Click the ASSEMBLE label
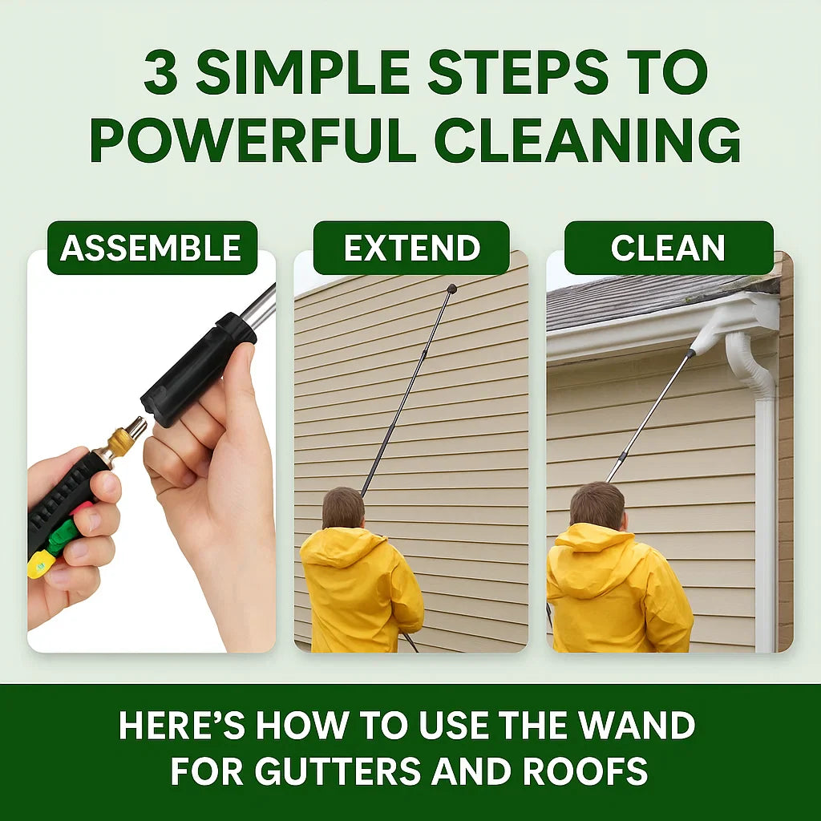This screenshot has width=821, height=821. pos(151,248)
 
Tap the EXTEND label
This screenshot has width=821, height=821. pos(411,248)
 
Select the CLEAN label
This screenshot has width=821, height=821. pos(668,248)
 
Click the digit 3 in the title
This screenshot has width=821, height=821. pos(160,74)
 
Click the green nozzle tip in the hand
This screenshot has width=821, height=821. pos(63,535)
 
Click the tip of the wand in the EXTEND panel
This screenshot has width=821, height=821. pos(452,289)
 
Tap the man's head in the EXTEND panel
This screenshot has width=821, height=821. pos(343,508)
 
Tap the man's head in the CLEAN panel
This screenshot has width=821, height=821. pos(597,505)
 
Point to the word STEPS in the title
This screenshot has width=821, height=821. pos(517,74)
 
